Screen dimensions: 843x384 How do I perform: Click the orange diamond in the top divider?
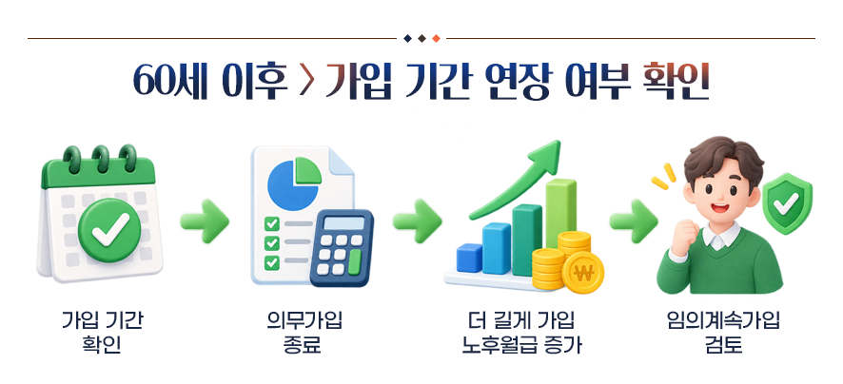(x=436, y=38)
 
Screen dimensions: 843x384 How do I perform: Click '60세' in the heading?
(x=170, y=82)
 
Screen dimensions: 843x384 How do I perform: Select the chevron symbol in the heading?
(x=305, y=83)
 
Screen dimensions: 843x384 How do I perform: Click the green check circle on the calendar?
(x=109, y=230)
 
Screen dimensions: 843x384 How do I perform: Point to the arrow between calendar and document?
(x=205, y=221)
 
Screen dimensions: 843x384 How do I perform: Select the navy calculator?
(x=342, y=247)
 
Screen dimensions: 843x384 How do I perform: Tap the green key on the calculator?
(x=354, y=261)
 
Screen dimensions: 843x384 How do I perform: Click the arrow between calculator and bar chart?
(x=417, y=221)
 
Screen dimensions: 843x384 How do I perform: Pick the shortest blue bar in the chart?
(x=469, y=259)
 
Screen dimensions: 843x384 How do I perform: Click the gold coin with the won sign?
(x=583, y=273)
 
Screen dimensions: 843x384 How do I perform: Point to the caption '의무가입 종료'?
(x=304, y=333)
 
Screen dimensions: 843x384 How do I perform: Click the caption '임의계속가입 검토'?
(x=723, y=333)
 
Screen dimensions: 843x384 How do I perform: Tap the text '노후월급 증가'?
(x=521, y=345)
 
